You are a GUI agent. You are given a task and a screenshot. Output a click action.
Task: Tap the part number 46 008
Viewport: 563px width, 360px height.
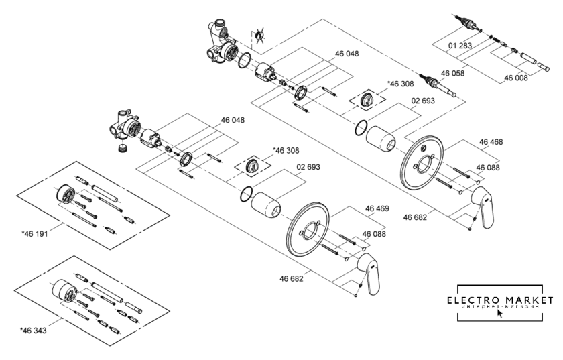point(516,78)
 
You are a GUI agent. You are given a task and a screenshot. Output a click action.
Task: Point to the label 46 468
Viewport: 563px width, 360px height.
point(491,142)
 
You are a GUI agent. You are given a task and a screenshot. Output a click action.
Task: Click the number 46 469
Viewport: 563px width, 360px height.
point(377,209)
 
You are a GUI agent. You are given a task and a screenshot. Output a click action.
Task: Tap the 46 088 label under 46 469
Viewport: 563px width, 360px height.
point(374,234)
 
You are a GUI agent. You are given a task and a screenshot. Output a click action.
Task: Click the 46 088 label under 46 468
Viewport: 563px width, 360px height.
point(488,168)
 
